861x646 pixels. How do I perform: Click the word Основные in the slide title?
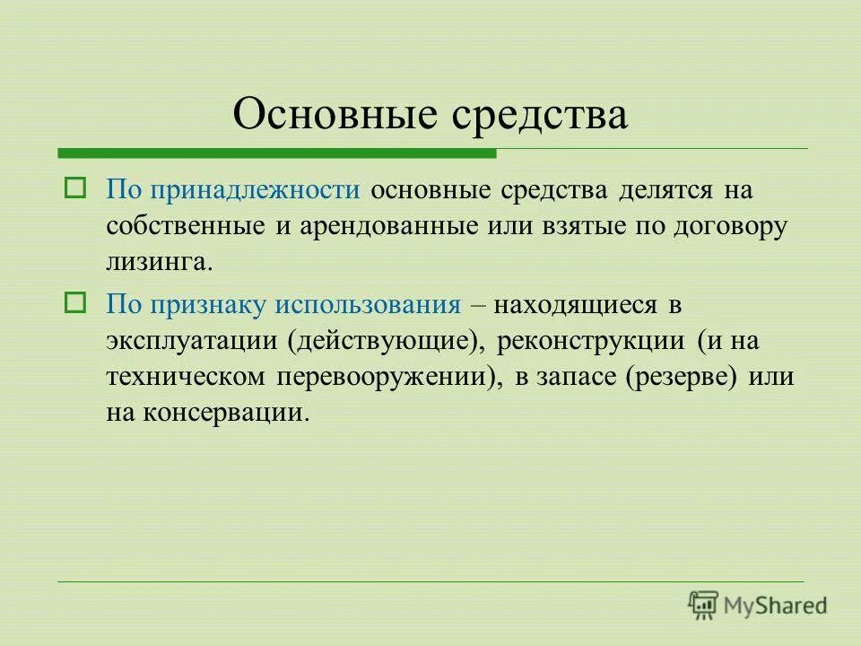pyautogui.click(x=337, y=115)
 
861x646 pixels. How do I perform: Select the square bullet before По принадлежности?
pyautogui.click(x=74, y=189)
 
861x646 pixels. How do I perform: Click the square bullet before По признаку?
pyautogui.click(x=74, y=303)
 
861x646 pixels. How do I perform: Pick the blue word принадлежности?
pyautogui.click(x=255, y=191)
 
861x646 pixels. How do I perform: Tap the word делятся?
pyautogui.click(x=664, y=191)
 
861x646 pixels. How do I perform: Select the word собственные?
pyautogui.click(x=186, y=226)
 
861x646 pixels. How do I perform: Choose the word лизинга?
pyautogui.click(x=160, y=262)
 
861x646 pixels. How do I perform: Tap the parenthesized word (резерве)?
pyautogui.click(x=683, y=376)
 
